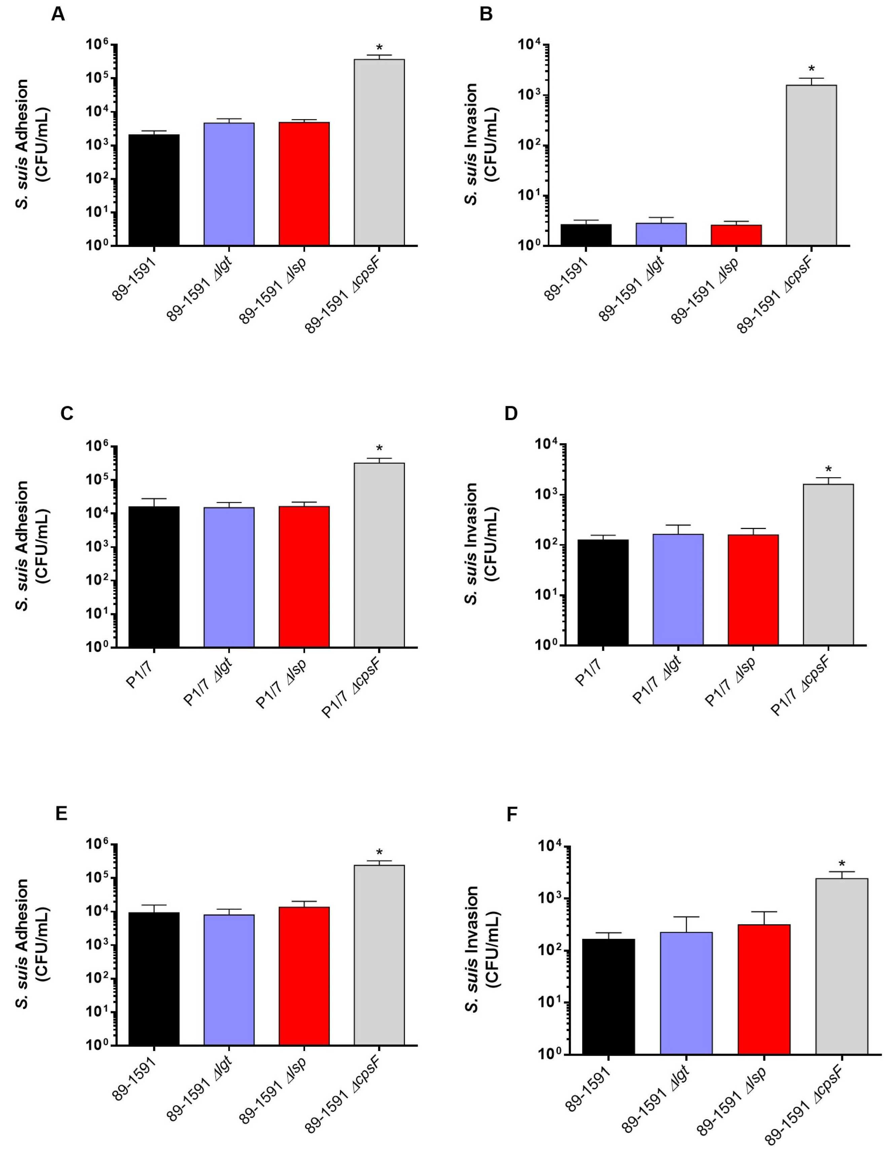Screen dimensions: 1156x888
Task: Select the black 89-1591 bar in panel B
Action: tap(586, 235)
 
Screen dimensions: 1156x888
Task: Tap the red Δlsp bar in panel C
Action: tap(304, 576)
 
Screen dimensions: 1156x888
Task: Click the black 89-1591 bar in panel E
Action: tap(154, 978)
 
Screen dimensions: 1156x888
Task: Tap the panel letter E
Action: tap(61, 813)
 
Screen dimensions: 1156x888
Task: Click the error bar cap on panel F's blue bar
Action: tap(686, 917)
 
